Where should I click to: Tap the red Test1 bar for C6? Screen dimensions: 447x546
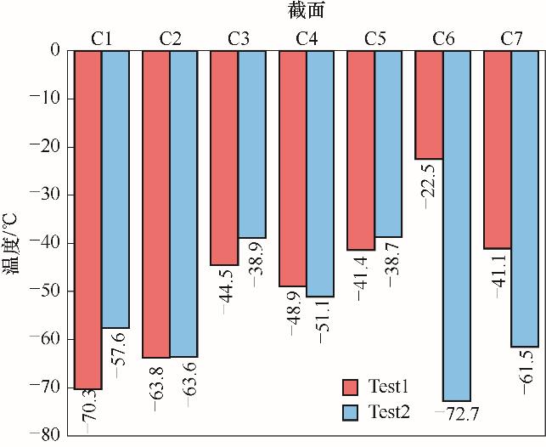click(429, 105)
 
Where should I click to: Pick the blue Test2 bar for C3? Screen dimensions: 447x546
click(252, 144)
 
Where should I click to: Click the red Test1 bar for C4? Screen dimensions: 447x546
click(293, 168)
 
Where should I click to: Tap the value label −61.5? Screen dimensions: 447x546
click(525, 376)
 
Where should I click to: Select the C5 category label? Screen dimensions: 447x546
click(374, 37)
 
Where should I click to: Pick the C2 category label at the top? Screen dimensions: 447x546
click(170, 37)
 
